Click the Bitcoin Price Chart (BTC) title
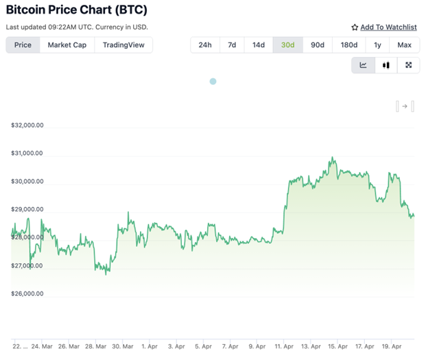(x=76, y=10)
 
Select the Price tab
(x=23, y=45)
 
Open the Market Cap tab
(x=66, y=45)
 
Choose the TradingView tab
(x=123, y=45)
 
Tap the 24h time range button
(x=204, y=45)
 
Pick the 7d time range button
(x=232, y=45)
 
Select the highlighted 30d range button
(x=287, y=45)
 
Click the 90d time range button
(x=317, y=45)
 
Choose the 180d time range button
(x=348, y=45)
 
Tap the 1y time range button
(x=377, y=45)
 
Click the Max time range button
(x=404, y=45)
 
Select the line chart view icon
(x=363, y=65)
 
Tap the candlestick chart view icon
(x=385, y=65)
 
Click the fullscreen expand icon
(x=409, y=65)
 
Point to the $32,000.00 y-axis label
(x=27, y=125)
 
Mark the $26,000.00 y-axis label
(x=27, y=294)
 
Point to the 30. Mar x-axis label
(x=122, y=347)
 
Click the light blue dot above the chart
(x=213, y=82)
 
